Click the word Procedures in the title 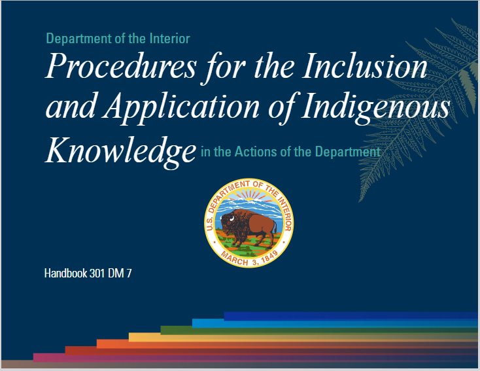[121, 66]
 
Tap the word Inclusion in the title [365, 66]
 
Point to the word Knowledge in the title [120, 150]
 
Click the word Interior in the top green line [170, 39]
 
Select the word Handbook [66, 274]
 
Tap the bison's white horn [231, 219]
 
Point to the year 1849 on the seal [269, 256]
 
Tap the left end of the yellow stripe [129, 337]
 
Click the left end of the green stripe [161, 330]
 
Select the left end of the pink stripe [33, 357]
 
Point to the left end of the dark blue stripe [225, 316]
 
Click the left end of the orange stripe [97, 344]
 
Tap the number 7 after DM [129, 274]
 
